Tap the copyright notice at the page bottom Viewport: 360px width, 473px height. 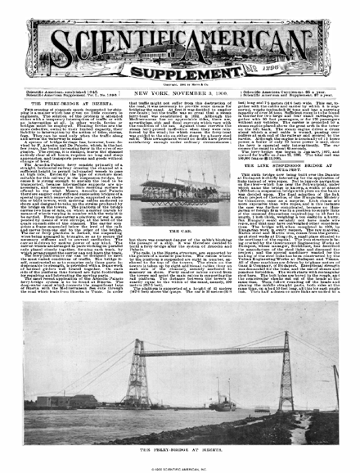[x=179, y=465]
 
